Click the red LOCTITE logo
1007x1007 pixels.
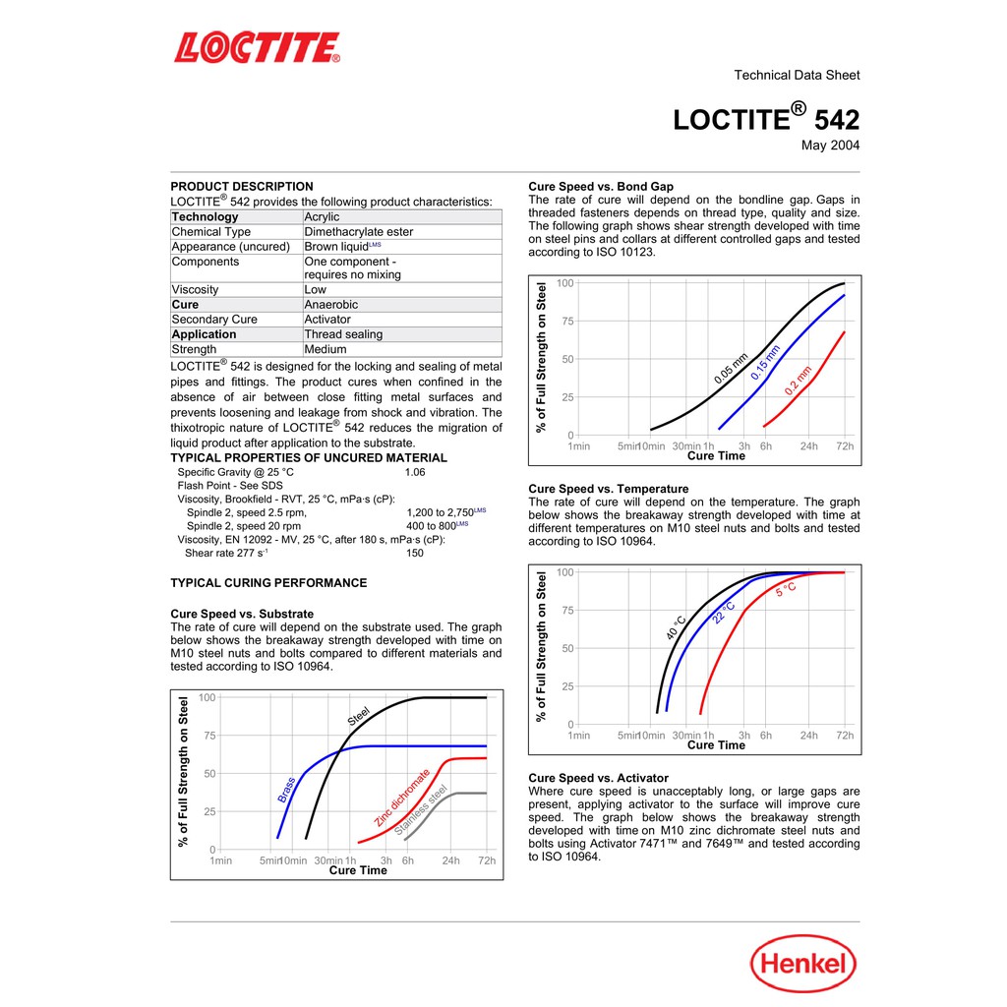tap(258, 47)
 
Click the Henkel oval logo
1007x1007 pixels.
tap(803, 963)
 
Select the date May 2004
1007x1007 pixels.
tap(830, 146)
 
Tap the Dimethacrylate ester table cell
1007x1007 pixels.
tap(358, 232)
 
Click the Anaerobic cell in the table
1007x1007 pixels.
tap(330, 305)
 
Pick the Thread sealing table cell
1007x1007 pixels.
tap(343, 334)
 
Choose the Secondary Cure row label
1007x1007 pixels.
tap(214, 320)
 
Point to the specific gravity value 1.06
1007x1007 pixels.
tap(417, 472)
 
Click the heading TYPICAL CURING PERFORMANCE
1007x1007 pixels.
tap(268, 583)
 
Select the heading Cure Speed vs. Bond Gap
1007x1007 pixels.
tap(601, 186)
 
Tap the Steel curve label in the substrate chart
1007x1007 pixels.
tap(358, 717)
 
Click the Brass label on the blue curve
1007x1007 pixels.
tap(286, 790)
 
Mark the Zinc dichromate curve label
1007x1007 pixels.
tap(401, 798)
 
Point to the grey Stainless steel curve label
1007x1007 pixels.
tap(421, 810)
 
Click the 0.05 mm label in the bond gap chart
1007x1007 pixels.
tap(731, 368)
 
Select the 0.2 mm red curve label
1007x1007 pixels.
tap(799, 381)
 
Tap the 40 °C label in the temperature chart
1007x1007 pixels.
tap(676, 628)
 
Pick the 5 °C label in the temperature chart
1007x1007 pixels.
tap(786, 589)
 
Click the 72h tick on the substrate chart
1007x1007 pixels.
tap(486, 860)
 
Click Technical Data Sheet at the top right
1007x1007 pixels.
tap(797, 75)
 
